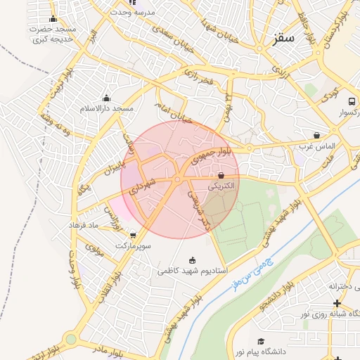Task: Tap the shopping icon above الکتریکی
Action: coord(221,175)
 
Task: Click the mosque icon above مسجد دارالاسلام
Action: coord(106,98)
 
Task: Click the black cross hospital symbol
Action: coord(337,303)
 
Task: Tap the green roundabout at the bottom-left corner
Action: coord(70,339)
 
